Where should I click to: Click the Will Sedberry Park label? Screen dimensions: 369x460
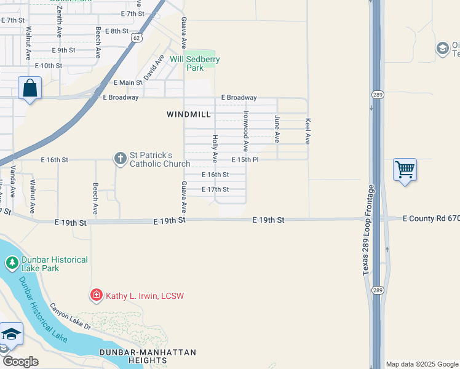[x=195, y=63]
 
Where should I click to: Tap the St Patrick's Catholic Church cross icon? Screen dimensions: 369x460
[x=120, y=159]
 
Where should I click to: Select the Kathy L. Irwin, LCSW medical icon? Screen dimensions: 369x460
[x=96, y=296]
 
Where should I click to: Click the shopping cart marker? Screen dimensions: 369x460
[x=405, y=169]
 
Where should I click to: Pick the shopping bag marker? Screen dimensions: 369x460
[x=30, y=89]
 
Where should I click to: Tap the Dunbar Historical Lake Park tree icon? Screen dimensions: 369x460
[x=12, y=264]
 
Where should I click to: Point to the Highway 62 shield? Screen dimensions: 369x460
[x=135, y=37]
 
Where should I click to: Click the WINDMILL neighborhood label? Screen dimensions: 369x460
[x=189, y=114]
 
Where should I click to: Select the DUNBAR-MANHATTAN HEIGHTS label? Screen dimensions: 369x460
[x=148, y=357]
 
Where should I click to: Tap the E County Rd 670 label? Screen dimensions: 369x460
[x=431, y=218]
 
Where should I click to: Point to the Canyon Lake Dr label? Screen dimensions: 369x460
[x=70, y=316]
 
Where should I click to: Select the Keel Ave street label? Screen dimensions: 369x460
[x=308, y=132]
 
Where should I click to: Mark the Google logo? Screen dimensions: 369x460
[x=20, y=362]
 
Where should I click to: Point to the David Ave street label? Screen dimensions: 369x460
[x=153, y=67]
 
